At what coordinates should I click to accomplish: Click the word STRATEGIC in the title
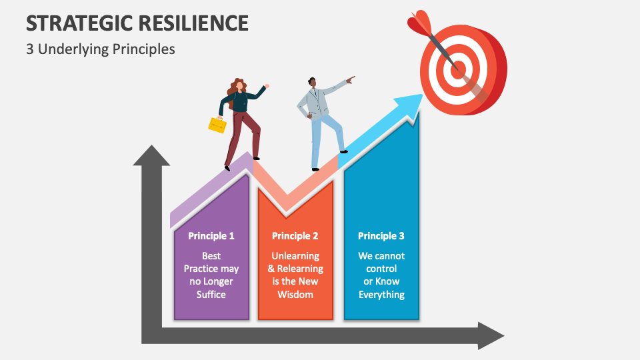click(x=74, y=23)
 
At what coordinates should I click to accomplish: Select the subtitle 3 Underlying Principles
click(x=101, y=49)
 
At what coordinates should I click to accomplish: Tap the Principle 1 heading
click(x=211, y=236)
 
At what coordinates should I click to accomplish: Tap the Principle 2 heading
click(x=295, y=236)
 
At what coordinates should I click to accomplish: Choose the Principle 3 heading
click(x=381, y=236)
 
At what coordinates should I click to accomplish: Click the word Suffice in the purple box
click(x=211, y=295)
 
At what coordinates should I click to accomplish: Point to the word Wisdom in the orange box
click(x=295, y=295)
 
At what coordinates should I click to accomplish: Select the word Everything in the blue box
click(x=381, y=295)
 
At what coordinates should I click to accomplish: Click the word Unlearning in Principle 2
click(x=295, y=256)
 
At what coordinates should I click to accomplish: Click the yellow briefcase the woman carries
click(x=217, y=125)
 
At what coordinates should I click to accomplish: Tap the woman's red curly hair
click(x=235, y=87)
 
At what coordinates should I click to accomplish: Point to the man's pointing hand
click(x=351, y=79)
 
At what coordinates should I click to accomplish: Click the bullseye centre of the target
click(x=457, y=69)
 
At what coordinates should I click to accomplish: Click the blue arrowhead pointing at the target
click(x=408, y=105)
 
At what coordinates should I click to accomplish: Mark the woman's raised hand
click(x=267, y=87)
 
